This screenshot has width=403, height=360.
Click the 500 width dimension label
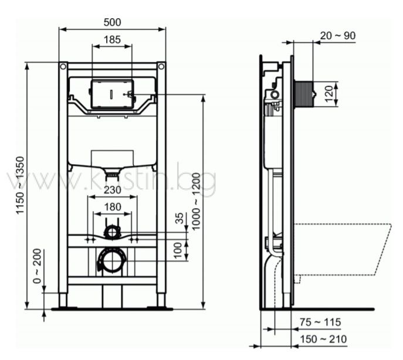click(112, 22)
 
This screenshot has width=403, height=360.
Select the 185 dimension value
click(112, 39)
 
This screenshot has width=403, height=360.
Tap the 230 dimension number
click(112, 190)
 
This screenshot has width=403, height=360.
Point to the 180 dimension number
click(113, 207)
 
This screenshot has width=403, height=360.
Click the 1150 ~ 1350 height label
click(20, 185)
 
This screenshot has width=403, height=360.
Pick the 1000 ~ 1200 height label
click(196, 202)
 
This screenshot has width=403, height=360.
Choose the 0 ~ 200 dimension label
click(38, 266)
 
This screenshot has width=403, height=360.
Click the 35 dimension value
click(180, 218)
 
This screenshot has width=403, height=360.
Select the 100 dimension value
click(178, 250)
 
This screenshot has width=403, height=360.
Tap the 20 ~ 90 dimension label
click(338, 36)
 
